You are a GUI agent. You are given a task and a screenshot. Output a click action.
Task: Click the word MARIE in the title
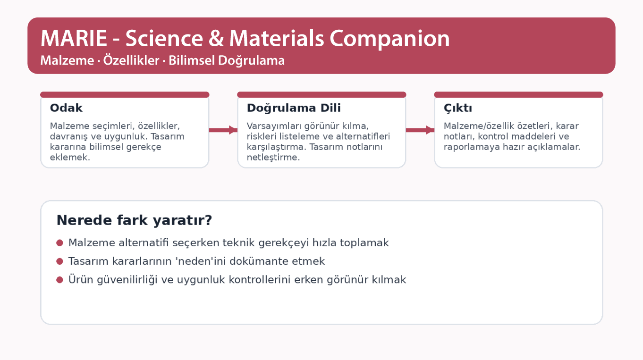[x=74, y=39]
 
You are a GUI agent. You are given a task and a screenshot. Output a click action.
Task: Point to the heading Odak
[x=66, y=108]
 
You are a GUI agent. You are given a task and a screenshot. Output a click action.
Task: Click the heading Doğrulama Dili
[x=294, y=108]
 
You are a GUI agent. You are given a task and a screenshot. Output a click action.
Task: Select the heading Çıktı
[x=458, y=108]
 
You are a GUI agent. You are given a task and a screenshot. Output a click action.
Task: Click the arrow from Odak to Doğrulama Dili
[x=223, y=130]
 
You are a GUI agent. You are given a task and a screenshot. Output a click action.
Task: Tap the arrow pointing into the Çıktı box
[x=420, y=130]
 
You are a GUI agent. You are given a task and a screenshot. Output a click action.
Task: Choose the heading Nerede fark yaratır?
[x=134, y=220]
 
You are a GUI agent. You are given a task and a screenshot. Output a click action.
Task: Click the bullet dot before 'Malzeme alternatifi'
[x=60, y=243]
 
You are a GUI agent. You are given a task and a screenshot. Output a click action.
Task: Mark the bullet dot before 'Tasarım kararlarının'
[x=60, y=261]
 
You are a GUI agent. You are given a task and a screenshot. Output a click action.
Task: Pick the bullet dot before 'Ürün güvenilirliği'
[x=60, y=280]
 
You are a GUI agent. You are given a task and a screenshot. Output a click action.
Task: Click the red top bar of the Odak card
[x=125, y=95]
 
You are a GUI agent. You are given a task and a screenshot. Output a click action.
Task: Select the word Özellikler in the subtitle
[x=132, y=61]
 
